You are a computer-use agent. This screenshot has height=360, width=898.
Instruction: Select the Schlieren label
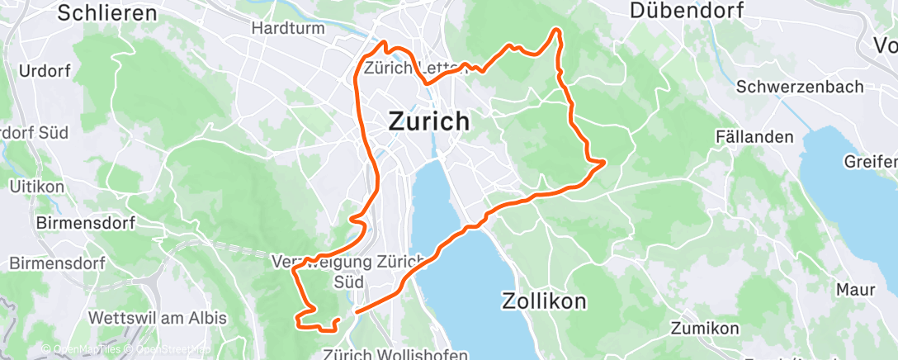[x=108, y=12]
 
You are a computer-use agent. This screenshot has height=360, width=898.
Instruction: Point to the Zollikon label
[x=544, y=301]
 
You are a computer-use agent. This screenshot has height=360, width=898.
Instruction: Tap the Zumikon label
[x=705, y=329]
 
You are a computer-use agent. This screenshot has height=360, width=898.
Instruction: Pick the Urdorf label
[x=44, y=70]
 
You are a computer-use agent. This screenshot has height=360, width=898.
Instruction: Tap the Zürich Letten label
[x=404, y=68]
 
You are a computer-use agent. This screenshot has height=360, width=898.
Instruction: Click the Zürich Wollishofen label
[x=385, y=353]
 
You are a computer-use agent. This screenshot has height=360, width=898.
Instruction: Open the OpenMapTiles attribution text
[x=87, y=349]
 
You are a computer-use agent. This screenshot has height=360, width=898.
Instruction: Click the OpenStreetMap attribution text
[x=168, y=349]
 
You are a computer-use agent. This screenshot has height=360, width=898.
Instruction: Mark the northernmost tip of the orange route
[x=556, y=30]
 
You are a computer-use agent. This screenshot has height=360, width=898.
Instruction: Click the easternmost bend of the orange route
[x=605, y=161]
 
